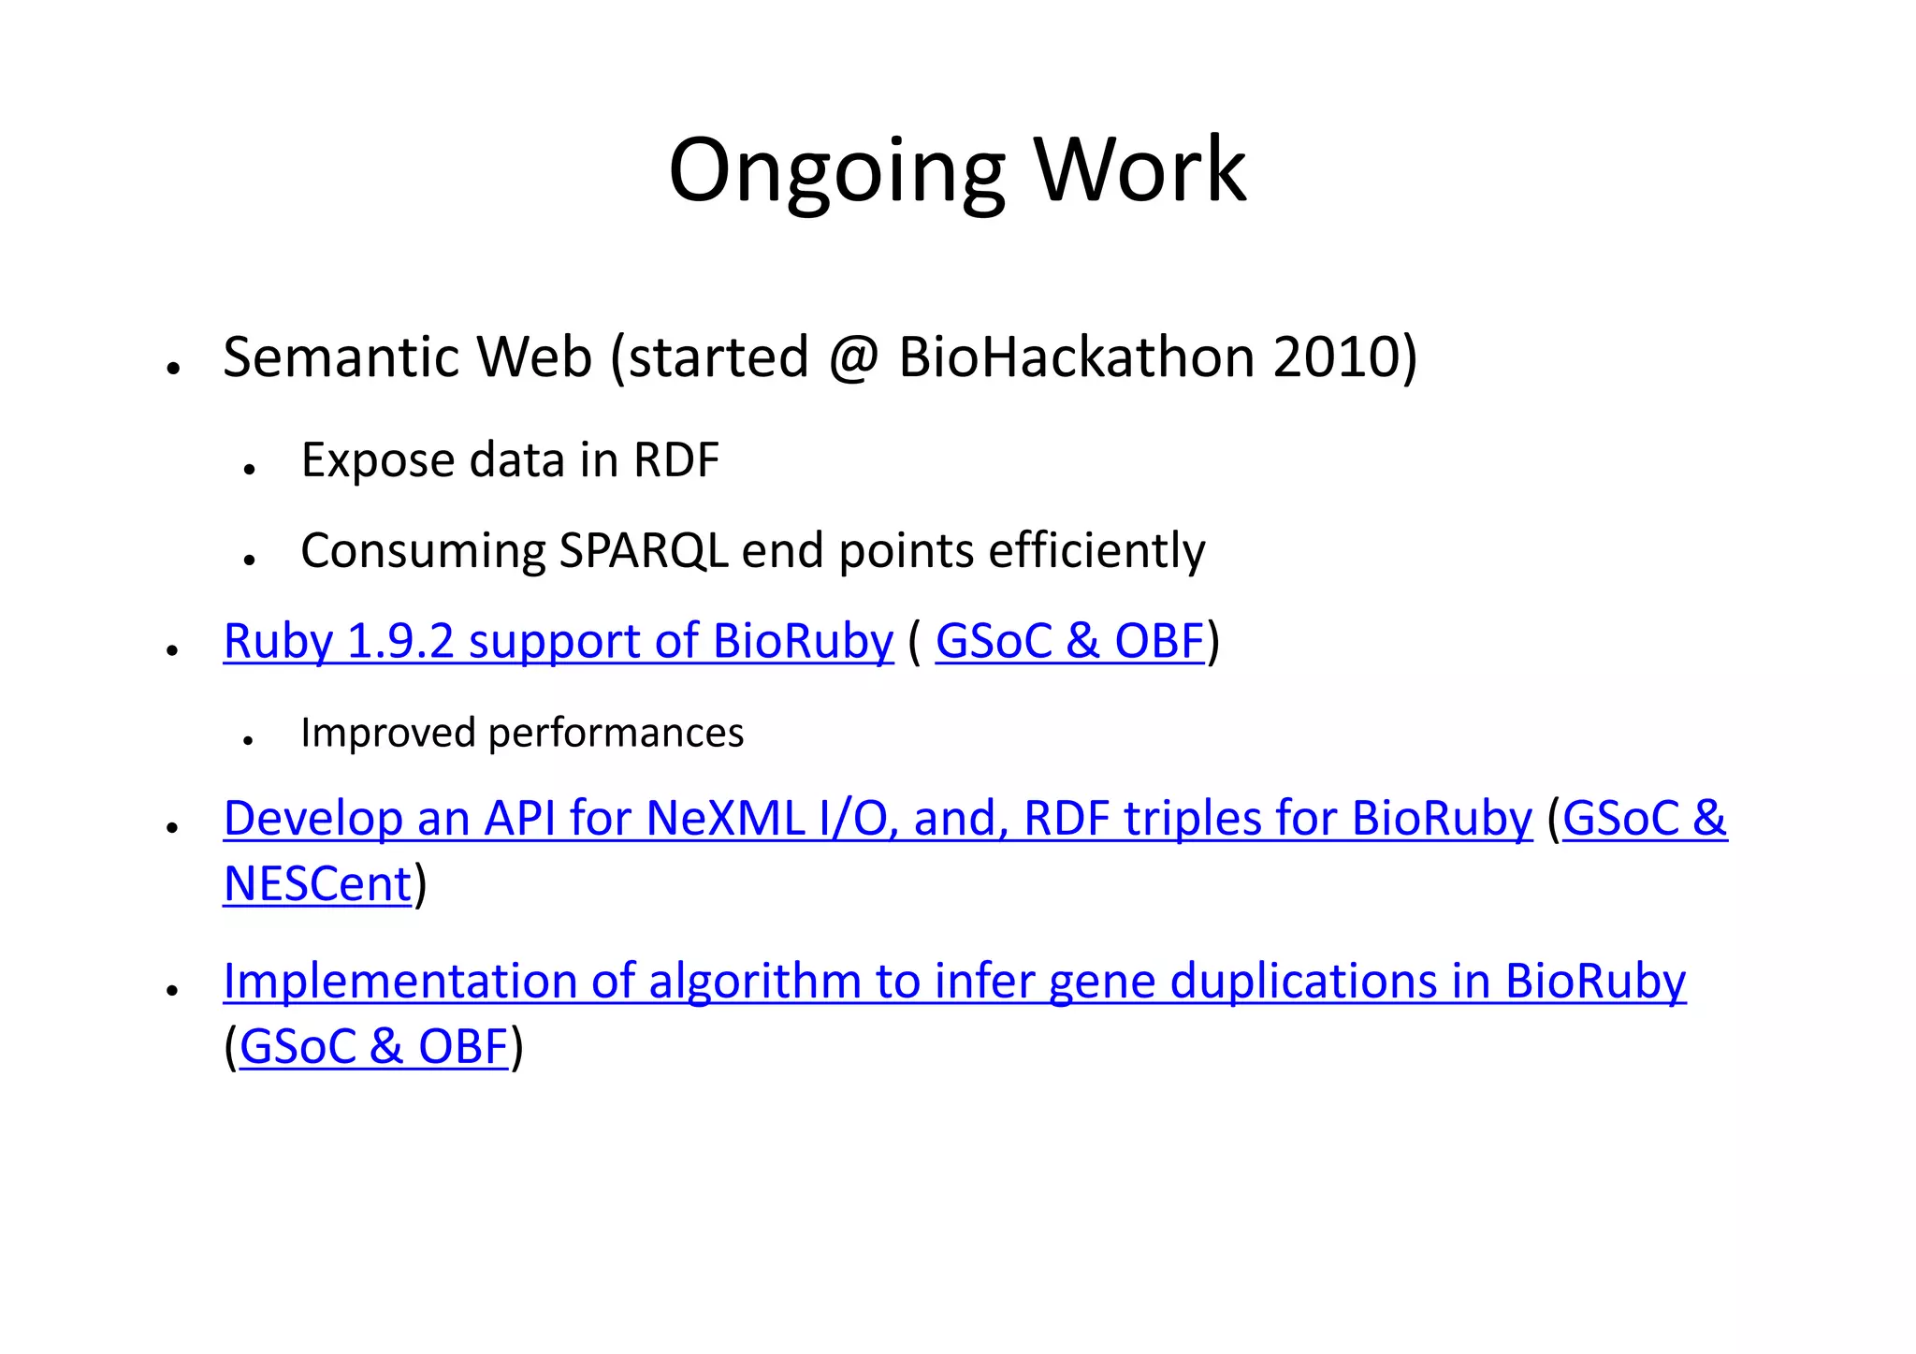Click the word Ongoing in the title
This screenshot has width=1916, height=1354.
coord(836,170)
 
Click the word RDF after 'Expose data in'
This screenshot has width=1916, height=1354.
coord(675,460)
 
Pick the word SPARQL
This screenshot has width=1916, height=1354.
coord(643,550)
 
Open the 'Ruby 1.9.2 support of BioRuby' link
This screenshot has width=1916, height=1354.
coord(559,642)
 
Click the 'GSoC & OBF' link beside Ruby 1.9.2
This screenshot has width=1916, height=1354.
coord(1069,642)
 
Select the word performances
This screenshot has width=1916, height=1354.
coord(616,733)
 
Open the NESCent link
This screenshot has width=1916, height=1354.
coord(317,884)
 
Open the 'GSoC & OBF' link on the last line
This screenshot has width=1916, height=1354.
coord(373,1047)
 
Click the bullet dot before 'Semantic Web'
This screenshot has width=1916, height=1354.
coord(172,369)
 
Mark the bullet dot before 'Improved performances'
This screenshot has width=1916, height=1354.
coord(248,741)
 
